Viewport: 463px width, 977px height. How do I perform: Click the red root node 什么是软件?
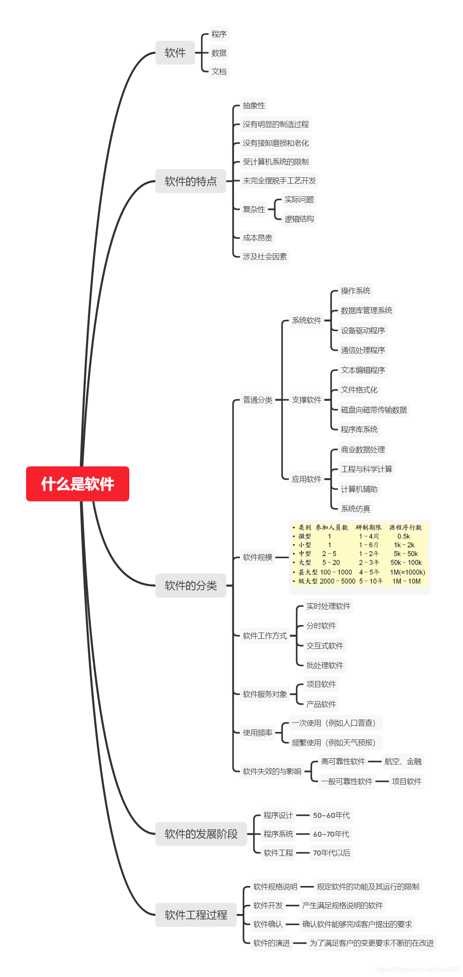pos(78,483)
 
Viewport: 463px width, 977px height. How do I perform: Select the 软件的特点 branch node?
pos(191,181)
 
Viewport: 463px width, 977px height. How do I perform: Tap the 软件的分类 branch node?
pos(191,585)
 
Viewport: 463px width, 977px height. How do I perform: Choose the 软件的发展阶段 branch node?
pos(201,834)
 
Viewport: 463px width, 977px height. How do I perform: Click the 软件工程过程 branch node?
pos(196,915)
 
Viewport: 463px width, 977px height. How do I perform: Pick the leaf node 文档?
pos(219,71)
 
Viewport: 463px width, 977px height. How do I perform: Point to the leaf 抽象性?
pos(254,106)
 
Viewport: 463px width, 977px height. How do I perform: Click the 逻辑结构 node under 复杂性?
pos(299,219)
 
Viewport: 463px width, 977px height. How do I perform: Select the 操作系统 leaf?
pos(355,291)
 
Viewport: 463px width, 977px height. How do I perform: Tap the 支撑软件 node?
pos(307,400)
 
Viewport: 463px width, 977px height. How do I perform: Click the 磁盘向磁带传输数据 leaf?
pos(374,410)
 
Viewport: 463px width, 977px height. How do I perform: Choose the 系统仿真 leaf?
pos(355,509)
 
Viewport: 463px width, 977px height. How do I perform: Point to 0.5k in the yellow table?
pos(403,537)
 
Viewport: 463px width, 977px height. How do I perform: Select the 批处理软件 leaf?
pos(325,665)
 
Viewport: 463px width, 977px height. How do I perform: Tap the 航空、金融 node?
pos(403,762)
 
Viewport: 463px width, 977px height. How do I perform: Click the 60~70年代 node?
pos(331,834)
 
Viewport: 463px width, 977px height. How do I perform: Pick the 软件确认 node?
pos(268,924)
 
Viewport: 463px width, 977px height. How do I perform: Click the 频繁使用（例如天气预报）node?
pos(334,742)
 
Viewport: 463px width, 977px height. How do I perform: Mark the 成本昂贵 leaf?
pos(257,238)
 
